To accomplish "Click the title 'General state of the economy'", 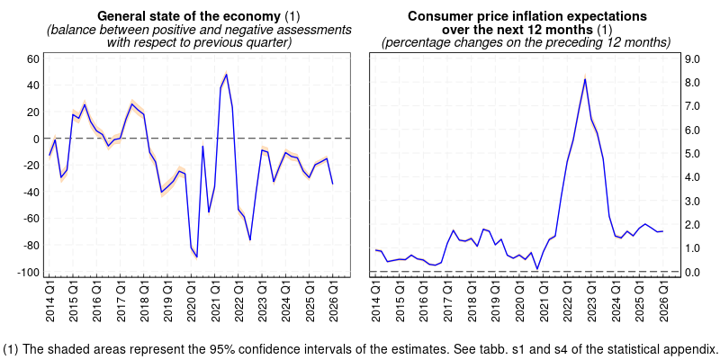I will [189, 16].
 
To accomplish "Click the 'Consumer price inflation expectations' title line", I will [526, 16].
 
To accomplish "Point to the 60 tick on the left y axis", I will [33, 59].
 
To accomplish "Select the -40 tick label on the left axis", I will [30, 193].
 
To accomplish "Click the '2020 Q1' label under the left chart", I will [191, 305].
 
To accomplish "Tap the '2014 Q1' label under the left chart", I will [49, 305].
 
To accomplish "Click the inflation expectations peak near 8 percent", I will [585, 79].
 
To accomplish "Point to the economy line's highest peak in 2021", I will [226, 74].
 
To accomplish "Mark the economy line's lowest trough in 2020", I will [197, 257].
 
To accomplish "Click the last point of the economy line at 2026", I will [332, 184].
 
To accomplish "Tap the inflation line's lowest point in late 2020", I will [537, 268].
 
